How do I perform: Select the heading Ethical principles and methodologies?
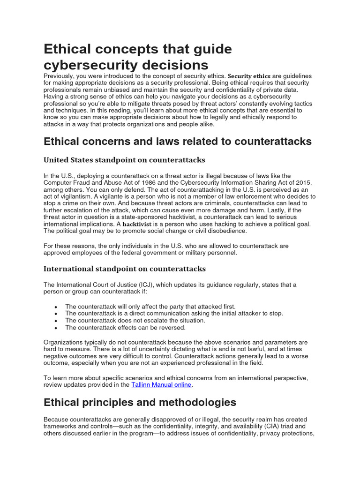pyautogui.click(x=140, y=402)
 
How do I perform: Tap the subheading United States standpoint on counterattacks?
pyautogui.click(x=124, y=160)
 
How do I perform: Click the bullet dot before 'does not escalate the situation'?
pyautogui.click(x=56, y=321)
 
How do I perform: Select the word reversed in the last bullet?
pyautogui.click(x=172, y=327)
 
